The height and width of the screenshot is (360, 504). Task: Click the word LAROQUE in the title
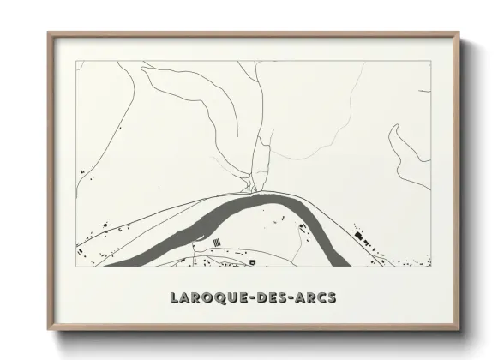203,298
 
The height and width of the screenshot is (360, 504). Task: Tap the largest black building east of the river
358,235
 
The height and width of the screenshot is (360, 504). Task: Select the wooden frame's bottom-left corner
49,329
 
